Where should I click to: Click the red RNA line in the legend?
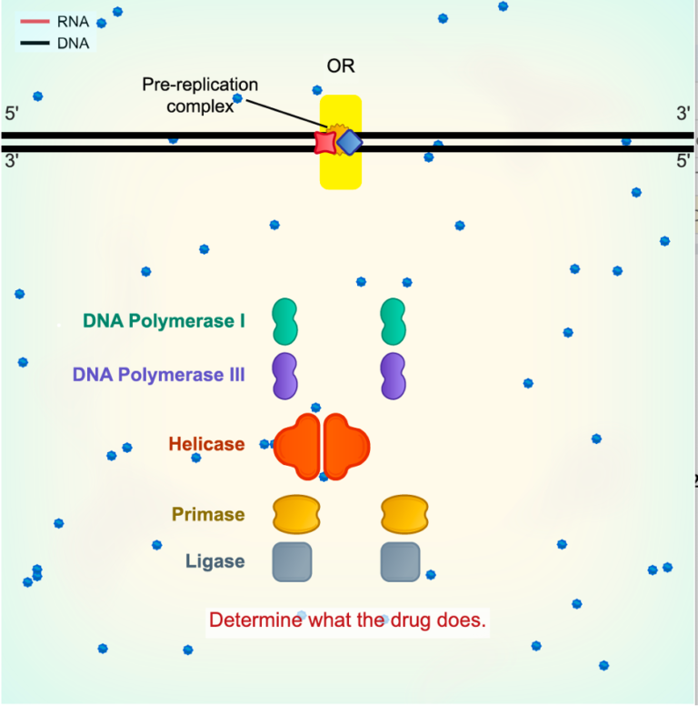click(x=34, y=22)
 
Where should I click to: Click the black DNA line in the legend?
click(x=34, y=42)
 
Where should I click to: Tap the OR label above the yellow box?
click(x=341, y=66)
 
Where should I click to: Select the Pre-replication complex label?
click(x=200, y=95)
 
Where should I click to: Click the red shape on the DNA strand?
click(x=324, y=142)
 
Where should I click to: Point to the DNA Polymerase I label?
click(x=164, y=321)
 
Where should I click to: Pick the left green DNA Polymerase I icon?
click(x=285, y=321)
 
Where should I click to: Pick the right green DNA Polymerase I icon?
click(x=394, y=321)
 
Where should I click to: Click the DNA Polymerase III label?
click(x=158, y=374)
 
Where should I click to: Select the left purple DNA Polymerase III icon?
click(x=285, y=376)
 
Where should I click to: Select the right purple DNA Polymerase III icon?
click(x=394, y=376)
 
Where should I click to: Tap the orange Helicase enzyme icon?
click(x=322, y=446)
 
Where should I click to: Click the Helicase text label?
click(x=206, y=445)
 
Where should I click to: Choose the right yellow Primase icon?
click(x=404, y=514)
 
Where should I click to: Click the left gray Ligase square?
click(x=292, y=561)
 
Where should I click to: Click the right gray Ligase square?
click(x=400, y=561)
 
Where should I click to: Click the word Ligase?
click(x=214, y=561)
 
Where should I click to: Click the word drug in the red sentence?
click(x=405, y=620)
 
